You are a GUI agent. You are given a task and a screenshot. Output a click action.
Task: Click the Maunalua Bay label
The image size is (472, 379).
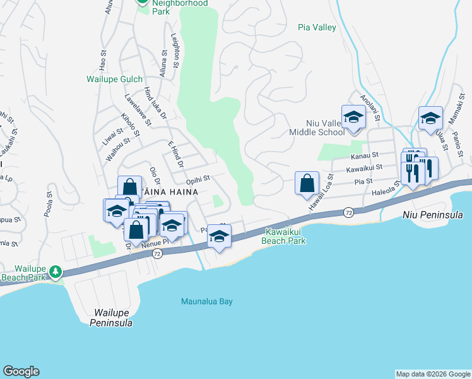click(207, 301)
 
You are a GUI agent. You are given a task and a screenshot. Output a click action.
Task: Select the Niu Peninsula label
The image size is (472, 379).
click(432, 215)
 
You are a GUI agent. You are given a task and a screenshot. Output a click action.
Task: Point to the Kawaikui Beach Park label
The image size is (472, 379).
click(285, 236)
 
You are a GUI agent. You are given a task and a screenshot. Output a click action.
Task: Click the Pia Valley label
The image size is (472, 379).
click(317, 28)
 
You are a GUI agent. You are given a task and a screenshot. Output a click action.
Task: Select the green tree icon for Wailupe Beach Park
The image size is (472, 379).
click(56, 271)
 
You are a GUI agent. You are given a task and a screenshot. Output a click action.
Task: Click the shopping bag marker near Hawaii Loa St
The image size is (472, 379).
click(307, 183)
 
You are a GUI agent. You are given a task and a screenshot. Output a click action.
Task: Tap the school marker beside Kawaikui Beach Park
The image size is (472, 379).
click(219, 236)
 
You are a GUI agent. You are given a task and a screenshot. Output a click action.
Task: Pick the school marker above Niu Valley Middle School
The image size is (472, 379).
click(353, 117)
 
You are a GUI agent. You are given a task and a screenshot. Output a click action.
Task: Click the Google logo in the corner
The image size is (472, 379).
click(21, 371)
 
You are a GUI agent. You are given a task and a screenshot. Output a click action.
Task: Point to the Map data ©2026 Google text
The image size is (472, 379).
click(433, 374)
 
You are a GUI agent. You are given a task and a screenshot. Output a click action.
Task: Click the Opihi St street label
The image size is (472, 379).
click(198, 181)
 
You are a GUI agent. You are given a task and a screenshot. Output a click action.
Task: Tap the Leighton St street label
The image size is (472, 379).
click(175, 49)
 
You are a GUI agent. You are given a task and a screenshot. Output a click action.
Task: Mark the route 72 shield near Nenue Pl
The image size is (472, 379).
click(157, 253)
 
